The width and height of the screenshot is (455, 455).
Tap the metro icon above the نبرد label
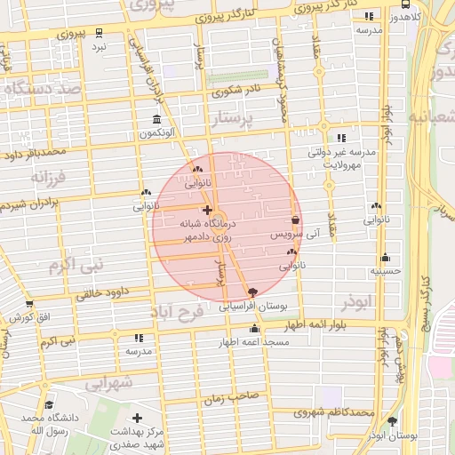coord(100,29)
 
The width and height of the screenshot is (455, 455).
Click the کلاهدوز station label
coord(410,16)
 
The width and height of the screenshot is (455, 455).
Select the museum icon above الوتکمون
coord(156,120)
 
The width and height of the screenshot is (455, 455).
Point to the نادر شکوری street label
coord(236,90)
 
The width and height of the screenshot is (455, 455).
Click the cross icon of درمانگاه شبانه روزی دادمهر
coord(207,211)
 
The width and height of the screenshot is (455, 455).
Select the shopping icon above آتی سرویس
coord(295,220)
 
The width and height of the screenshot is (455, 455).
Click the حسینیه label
coord(387,270)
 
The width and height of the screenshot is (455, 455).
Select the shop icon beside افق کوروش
coord(17,317)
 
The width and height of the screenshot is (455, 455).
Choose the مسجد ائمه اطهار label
coord(253,342)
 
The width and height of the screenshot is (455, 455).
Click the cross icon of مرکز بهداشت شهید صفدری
coord(136,418)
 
